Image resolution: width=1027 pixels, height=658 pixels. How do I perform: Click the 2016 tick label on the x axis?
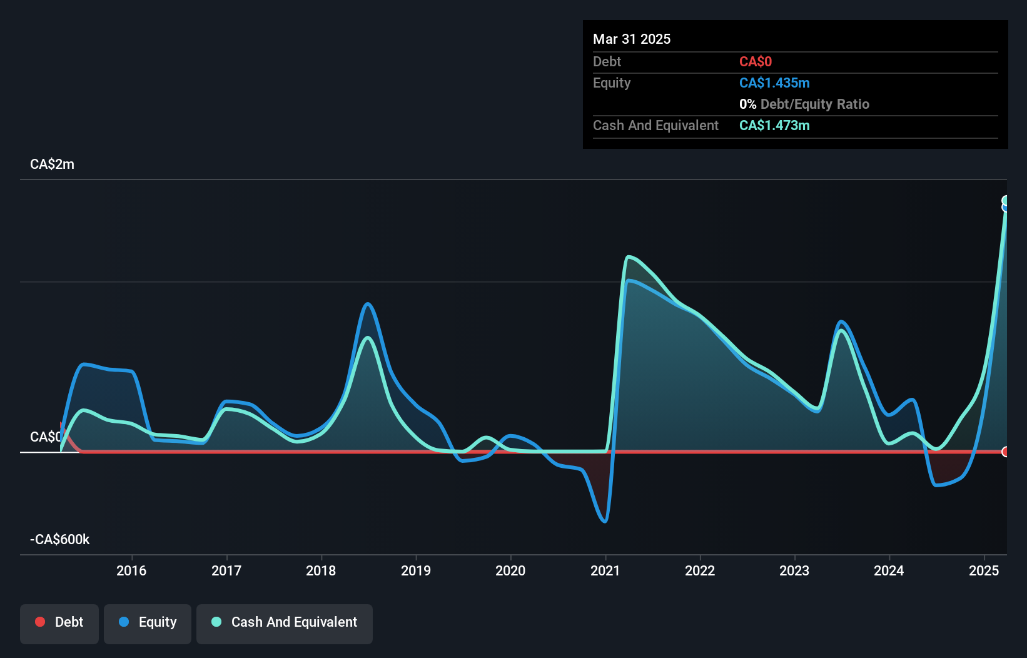point(131,570)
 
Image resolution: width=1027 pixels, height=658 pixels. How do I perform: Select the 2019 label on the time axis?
point(416,570)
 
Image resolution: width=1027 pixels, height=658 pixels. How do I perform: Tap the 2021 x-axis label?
point(605,570)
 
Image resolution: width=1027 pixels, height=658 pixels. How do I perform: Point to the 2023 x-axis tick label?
point(794,570)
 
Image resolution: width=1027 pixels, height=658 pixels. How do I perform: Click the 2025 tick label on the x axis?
point(984,570)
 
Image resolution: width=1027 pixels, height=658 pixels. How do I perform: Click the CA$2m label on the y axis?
point(52,164)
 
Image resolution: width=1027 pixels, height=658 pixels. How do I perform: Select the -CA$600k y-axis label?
point(60,539)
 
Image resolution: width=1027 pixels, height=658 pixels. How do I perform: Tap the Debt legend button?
point(59,622)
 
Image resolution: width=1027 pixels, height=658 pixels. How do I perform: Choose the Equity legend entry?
point(148,622)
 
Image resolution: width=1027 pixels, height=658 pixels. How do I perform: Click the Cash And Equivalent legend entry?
point(285,622)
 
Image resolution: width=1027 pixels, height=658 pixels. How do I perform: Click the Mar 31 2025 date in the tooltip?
point(632,39)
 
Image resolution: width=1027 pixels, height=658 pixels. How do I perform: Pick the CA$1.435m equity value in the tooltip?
point(774,83)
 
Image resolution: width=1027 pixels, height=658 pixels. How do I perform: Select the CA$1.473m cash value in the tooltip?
point(774,125)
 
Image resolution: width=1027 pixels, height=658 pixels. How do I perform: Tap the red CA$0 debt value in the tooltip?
point(756,61)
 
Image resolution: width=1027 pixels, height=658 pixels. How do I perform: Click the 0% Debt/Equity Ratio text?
point(804,104)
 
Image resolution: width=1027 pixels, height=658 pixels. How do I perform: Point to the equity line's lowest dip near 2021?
point(605,520)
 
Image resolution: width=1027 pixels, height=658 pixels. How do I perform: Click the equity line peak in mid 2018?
point(368,304)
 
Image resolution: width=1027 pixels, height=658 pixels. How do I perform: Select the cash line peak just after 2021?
point(629,257)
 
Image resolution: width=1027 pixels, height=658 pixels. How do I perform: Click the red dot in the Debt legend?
point(40,622)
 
